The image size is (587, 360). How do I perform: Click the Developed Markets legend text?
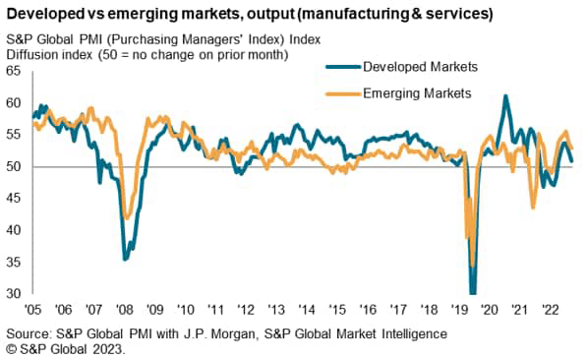click(x=420, y=68)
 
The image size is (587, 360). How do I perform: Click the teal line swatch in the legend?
click(x=341, y=68)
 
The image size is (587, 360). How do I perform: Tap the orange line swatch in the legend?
click(x=341, y=92)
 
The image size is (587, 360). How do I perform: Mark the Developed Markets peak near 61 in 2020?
click(x=505, y=96)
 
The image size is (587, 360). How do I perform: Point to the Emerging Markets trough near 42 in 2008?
click(x=126, y=218)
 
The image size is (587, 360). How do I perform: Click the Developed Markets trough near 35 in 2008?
click(x=125, y=259)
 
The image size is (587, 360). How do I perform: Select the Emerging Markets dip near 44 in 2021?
click(x=533, y=207)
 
